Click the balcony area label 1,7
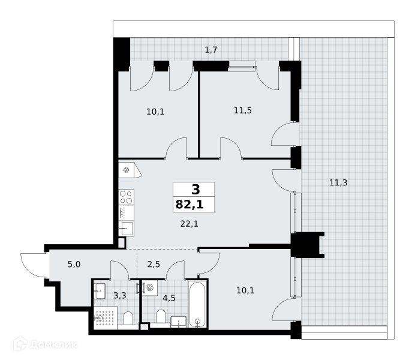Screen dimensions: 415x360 pyautogui.click(x=211, y=49)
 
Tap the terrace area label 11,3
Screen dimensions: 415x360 pyautogui.click(x=338, y=182)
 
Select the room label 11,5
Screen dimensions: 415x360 pyautogui.click(x=243, y=110)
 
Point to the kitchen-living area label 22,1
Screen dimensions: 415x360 pyautogui.click(x=189, y=224)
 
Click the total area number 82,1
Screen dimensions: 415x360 pyautogui.click(x=190, y=205)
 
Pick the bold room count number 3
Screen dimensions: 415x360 pyautogui.click(x=196, y=190)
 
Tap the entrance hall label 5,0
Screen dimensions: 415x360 pyautogui.click(x=74, y=264)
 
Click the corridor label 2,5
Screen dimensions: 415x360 pyautogui.click(x=154, y=264)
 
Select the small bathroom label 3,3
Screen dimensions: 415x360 pyautogui.click(x=119, y=295)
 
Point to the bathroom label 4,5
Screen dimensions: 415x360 pyautogui.click(x=169, y=298)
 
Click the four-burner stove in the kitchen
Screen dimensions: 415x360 pyautogui.click(x=127, y=197)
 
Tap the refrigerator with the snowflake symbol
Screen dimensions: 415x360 pyautogui.click(x=130, y=170)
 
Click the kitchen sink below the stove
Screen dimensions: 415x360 pyautogui.click(x=127, y=228)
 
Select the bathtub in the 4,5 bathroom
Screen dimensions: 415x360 pyautogui.click(x=197, y=304)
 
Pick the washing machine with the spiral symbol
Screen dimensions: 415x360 pyautogui.click(x=149, y=287)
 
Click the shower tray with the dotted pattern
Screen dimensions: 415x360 pyautogui.click(x=106, y=317)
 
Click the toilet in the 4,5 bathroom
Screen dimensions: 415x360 pyautogui.click(x=161, y=316)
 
